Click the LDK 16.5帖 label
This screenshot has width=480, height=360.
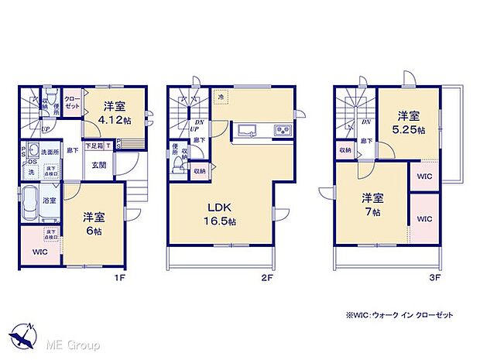219,212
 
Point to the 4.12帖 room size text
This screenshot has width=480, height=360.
112,122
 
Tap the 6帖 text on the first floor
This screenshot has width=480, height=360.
94,230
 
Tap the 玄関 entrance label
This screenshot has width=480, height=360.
99,163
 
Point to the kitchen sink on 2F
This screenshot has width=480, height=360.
248,129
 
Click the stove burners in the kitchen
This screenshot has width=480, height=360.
283,129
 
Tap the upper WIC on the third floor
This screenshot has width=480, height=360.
423,176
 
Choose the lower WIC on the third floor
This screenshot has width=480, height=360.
423,219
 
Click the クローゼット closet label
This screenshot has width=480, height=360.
70,102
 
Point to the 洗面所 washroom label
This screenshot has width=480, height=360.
50,152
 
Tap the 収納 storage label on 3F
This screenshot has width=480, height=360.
345,150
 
